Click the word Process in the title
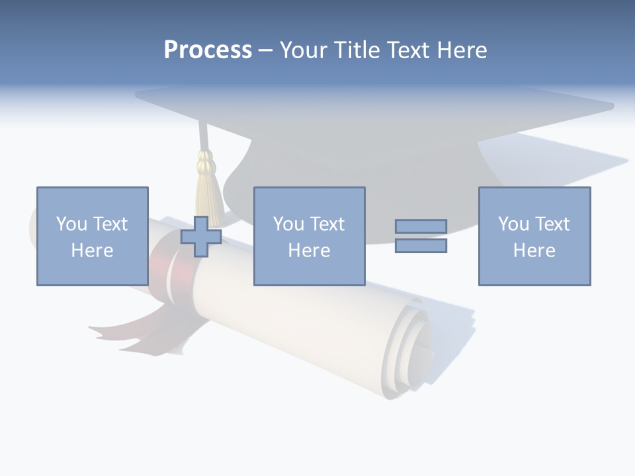click(208, 50)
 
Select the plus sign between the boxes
click(201, 236)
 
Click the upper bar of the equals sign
click(421, 226)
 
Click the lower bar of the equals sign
click(421, 246)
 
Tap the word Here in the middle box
click(309, 251)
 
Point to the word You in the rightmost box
click(513, 224)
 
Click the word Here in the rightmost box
click(534, 251)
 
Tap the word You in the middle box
click(288, 224)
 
